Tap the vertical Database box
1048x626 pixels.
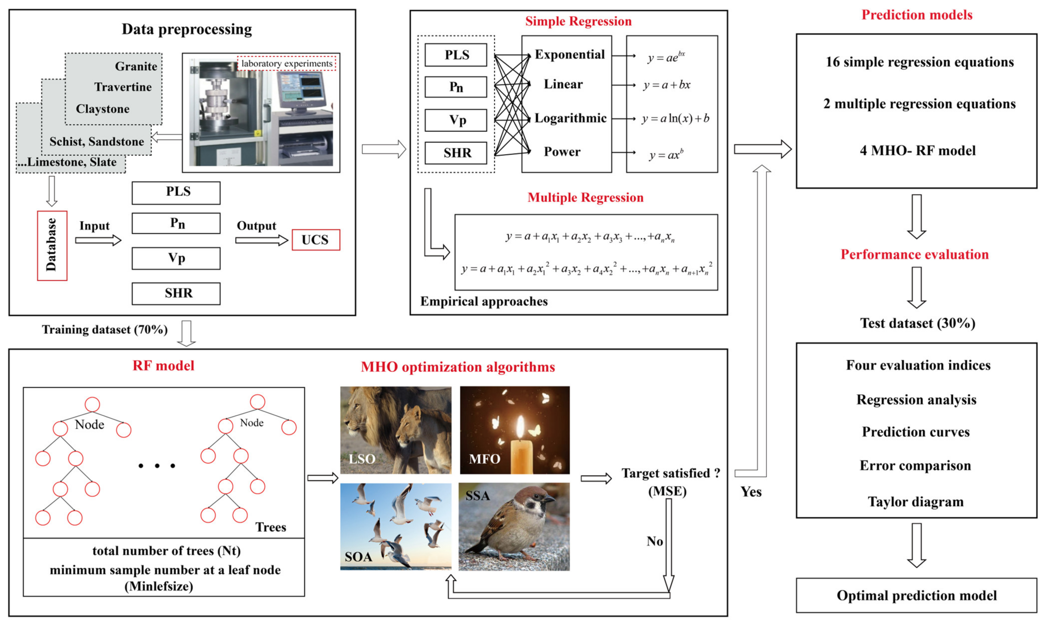click(52, 246)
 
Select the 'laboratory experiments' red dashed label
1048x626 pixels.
click(286, 63)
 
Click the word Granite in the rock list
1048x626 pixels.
click(136, 66)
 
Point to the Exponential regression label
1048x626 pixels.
click(569, 54)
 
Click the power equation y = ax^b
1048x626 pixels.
click(666, 155)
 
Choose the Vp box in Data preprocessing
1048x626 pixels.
click(176, 258)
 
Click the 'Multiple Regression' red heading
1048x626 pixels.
click(585, 197)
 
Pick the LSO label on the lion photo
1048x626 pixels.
click(362, 459)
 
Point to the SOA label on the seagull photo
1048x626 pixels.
click(358, 557)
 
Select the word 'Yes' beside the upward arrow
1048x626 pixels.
click(751, 492)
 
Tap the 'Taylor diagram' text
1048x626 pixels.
click(915, 501)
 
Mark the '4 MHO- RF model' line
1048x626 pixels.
click(918, 151)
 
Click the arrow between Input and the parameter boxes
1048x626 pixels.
click(98, 240)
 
